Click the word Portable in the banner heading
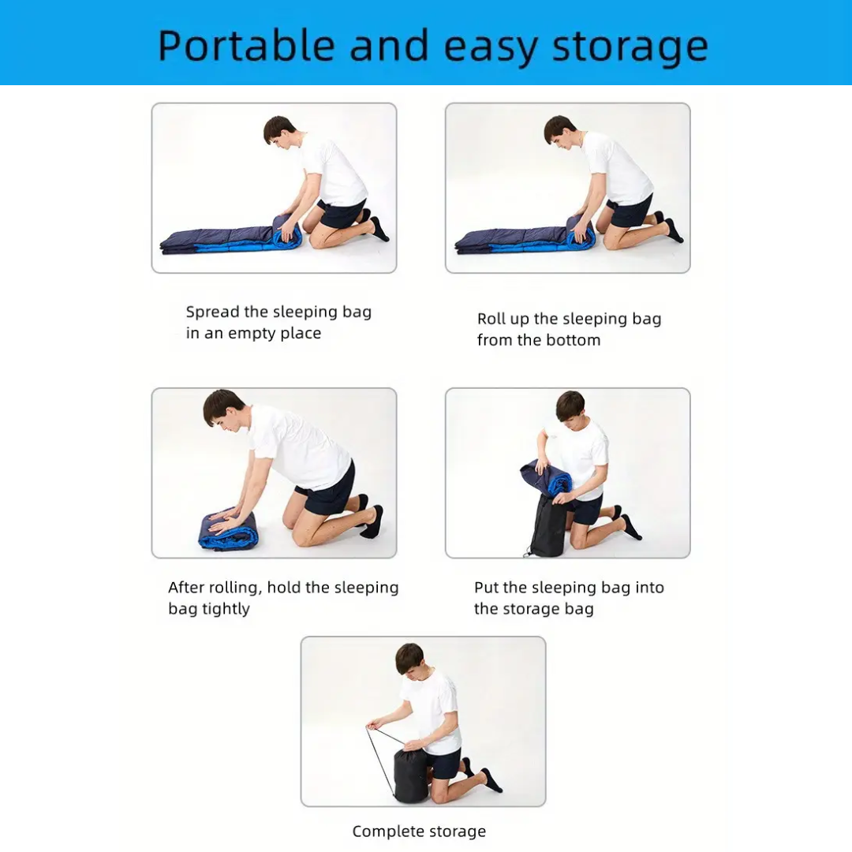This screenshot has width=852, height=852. click(x=246, y=47)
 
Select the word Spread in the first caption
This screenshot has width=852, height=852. click(x=212, y=312)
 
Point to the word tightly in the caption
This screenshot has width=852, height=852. click(x=225, y=609)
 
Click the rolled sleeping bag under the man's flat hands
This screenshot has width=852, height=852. click(x=228, y=530)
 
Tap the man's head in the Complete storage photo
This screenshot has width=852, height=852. click(x=409, y=659)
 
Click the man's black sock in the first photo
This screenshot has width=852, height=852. click(x=379, y=229)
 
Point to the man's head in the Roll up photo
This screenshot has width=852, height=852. click(x=559, y=131)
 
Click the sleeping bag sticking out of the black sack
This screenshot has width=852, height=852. click(x=545, y=477)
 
